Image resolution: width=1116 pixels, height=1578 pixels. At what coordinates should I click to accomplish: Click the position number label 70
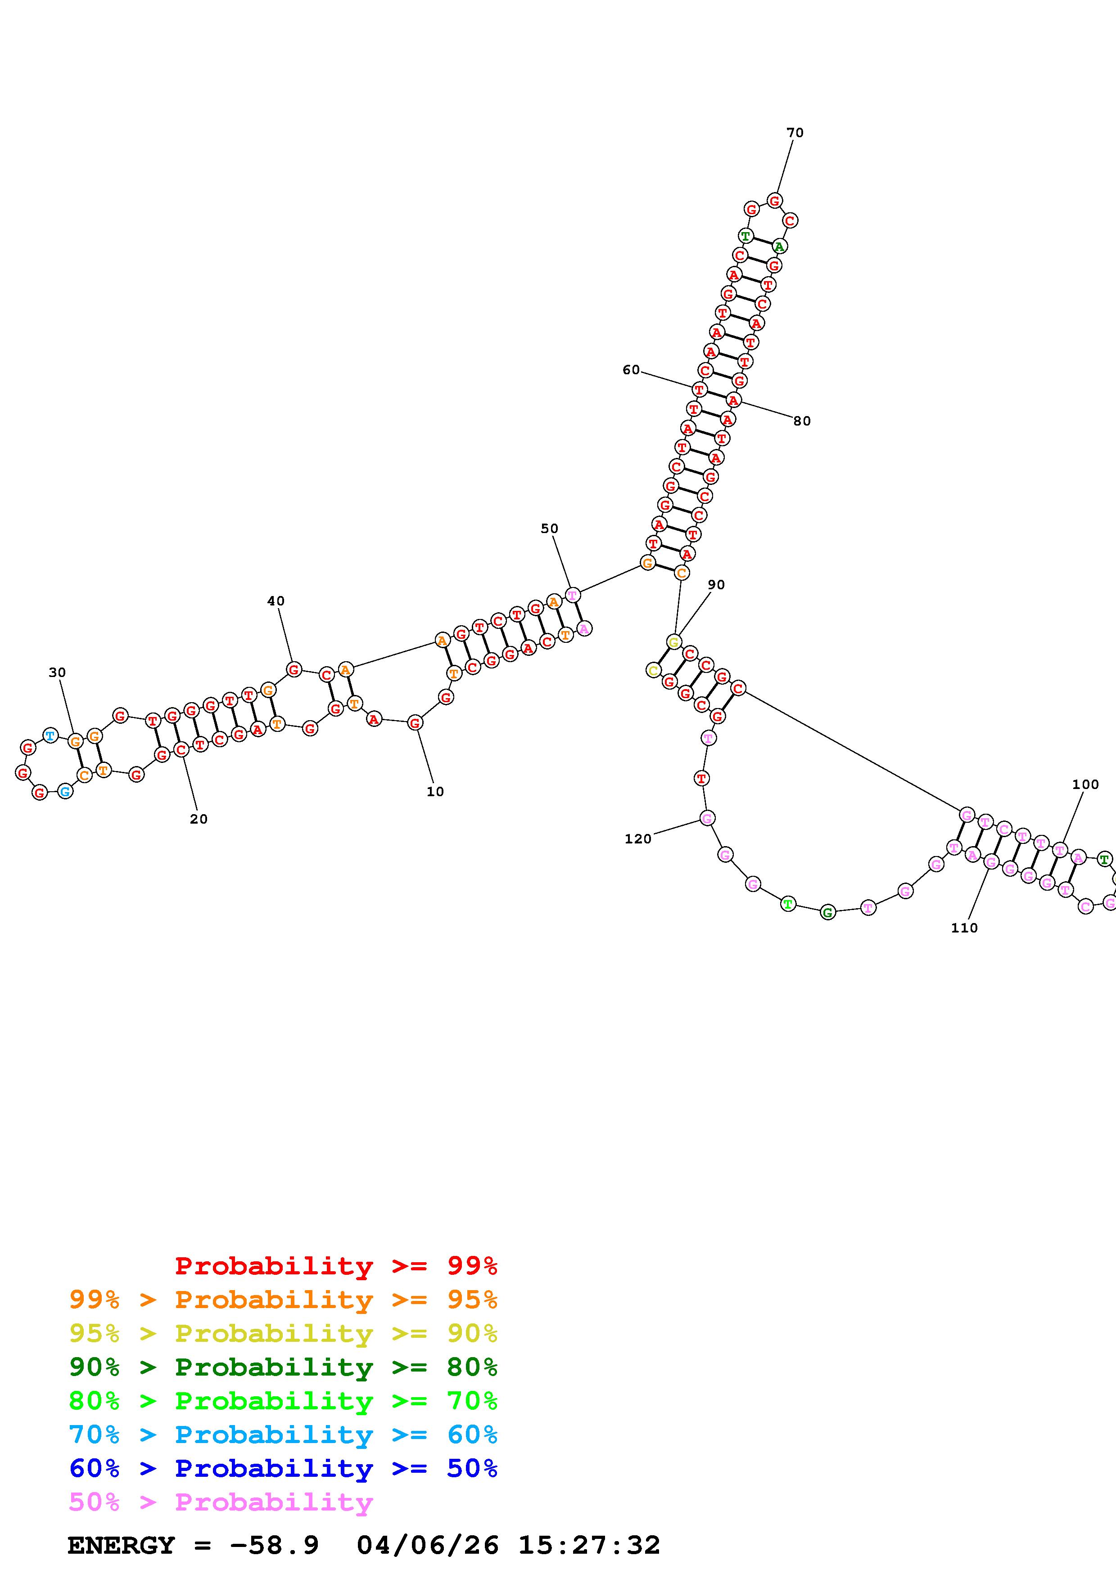coord(795,133)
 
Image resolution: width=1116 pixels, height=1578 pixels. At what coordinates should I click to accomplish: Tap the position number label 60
coord(631,370)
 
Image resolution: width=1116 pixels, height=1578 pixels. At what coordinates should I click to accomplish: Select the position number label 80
coord(802,421)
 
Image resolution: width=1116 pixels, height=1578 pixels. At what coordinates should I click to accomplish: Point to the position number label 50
coord(549,529)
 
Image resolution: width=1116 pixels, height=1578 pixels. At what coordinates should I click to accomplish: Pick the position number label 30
coord(57,673)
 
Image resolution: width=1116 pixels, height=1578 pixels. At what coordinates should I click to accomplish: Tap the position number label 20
coord(199,819)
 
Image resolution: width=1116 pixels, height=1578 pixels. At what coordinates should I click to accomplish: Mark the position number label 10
coord(435,792)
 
